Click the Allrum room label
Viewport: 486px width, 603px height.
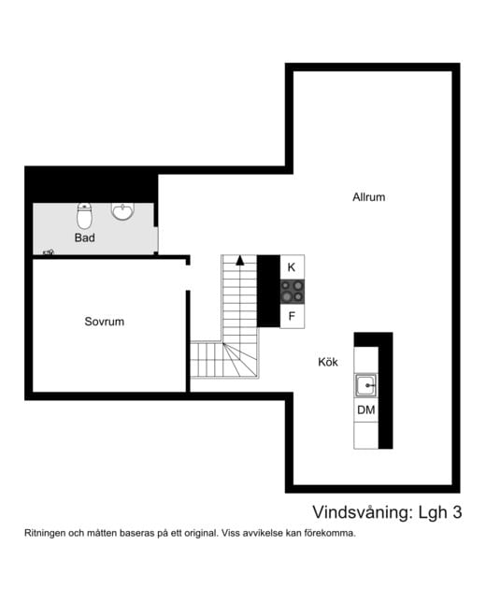click(x=368, y=197)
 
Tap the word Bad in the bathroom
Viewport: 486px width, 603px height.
click(x=85, y=237)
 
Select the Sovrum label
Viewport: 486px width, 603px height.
click(x=104, y=322)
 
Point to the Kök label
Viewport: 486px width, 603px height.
click(x=328, y=362)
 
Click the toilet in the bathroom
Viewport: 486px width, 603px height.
click(x=85, y=217)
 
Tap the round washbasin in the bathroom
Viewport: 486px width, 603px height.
click(x=123, y=211)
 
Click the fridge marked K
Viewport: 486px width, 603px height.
click(x=292, y=266)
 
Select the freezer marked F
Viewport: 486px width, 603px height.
click(x=292, y=316)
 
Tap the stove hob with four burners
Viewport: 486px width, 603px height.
click(x=292, y=292)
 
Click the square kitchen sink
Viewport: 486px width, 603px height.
click(x=365, y=385)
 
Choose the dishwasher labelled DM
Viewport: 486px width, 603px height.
click(x=365, y=410)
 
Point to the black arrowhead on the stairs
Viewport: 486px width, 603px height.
click(x=240, y=260)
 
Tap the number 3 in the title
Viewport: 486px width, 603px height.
click(x=456, y=512)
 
